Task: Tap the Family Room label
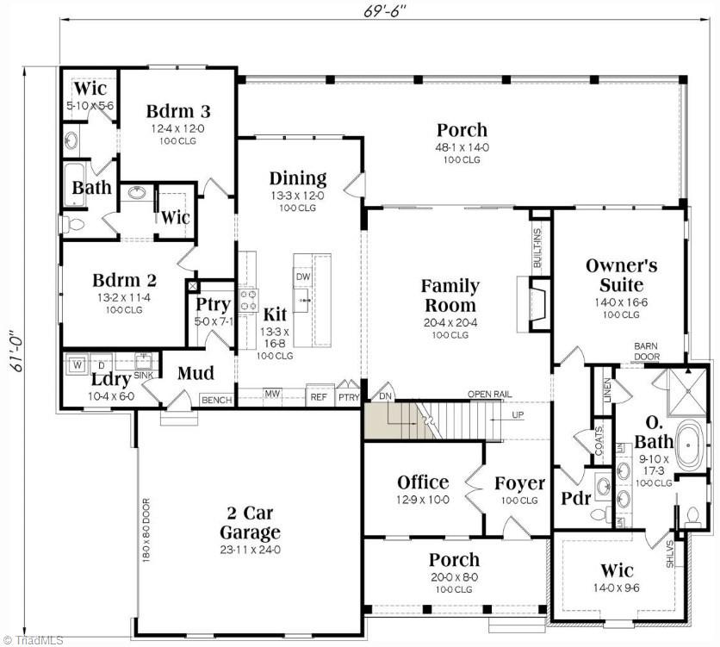(450, 295)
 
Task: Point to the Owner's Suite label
(621, 275)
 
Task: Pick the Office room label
(422, 482)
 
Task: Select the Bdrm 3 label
(178, 111)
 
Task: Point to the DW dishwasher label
(302, 277)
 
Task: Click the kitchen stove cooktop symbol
(249, 299)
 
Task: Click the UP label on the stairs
(518, 414)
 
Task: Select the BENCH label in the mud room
(215, 400)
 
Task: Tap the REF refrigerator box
(320, 397)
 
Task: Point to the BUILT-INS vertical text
(537, 246)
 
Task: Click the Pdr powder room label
(574, 498)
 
